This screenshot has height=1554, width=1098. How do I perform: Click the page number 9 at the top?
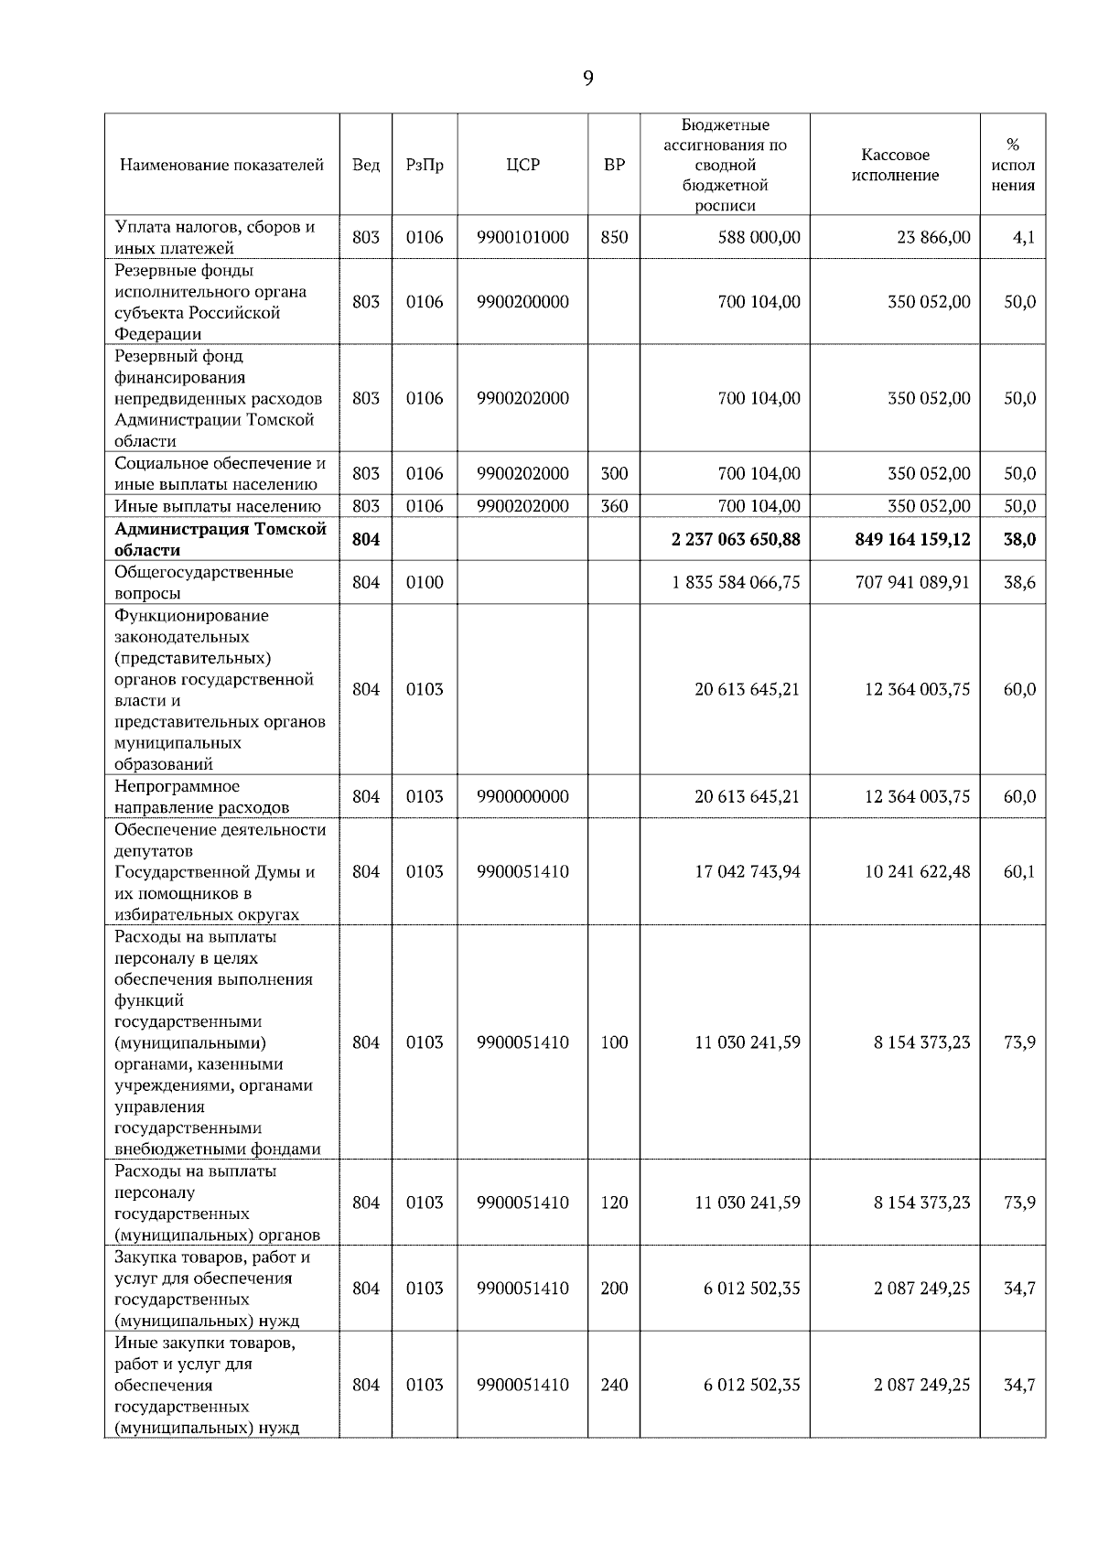pyautogui.click(x=587, y=79)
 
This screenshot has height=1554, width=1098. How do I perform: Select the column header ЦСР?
pyautogui.click(x=522, y=165)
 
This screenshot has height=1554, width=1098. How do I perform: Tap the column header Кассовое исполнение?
pyautogui.click(x=895, y=165)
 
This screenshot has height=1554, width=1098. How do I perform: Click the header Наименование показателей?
pyautogui.click(x=221, y=165)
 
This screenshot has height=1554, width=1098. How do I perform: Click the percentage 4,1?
pyautogui.click(x=1023, y=237)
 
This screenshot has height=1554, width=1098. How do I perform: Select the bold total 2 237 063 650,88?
pyautogui.click(x=736, y=539)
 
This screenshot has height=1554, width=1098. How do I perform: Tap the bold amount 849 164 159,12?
pyautogui.click(x=912, y=539)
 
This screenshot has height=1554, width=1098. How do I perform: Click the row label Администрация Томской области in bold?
pyautogui.click(x=220, y=539)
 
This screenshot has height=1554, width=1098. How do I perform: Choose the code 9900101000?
pyautogui.click(x=522, y=237)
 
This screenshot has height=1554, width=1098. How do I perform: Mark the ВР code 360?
pyautogui.click(x=614, y=505)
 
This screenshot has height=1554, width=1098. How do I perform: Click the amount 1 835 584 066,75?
pyautogui.click(x=736, y=582)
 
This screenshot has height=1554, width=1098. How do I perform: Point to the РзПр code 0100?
pyautogui.click(x=425, y=582)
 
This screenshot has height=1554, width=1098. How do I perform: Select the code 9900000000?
pyautogui.click(x=522, y=796)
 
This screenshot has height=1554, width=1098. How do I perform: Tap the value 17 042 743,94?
pyautogui.click(x=747, y=871)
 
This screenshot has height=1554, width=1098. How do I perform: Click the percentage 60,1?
pyautogui.click(x=1019, y=871)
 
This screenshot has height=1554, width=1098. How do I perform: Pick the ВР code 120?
pyautogui.click(x=614, y=1203)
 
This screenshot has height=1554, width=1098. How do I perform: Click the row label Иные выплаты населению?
pyautogui.click(x=217, y=506)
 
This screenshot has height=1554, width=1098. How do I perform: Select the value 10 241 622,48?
pyautogui.click(x=918, y=871)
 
